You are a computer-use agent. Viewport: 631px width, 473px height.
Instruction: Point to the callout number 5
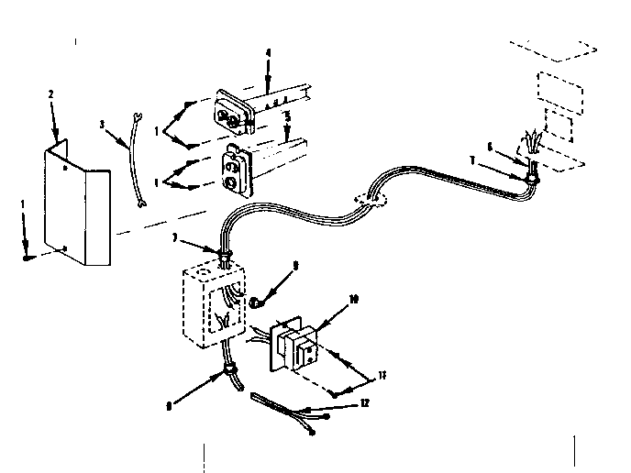coord(287,117)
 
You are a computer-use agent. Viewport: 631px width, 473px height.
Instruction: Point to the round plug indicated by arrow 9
coord(257,298)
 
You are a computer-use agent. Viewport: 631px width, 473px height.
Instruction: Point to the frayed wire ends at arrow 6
coord(531,143)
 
